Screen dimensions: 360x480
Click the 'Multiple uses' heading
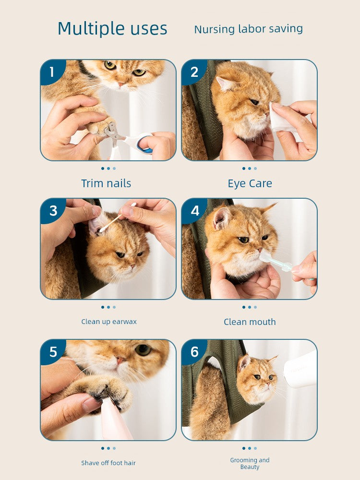[112, 29]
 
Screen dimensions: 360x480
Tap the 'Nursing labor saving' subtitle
[248, 29]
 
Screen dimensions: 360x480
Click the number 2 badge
[194, 72]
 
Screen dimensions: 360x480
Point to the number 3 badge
[53, 211]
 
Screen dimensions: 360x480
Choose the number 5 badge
[53, 352]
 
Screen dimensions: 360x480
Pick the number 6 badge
[194, 352]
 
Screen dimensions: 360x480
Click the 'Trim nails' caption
[106, 183]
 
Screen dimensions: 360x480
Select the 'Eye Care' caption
[250, 183]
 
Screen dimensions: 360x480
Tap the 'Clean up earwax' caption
[108, 322]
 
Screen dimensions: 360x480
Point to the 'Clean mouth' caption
[250, 322]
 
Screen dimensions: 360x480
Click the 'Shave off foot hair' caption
[108, 463]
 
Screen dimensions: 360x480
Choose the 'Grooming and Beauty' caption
[250, 463]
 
